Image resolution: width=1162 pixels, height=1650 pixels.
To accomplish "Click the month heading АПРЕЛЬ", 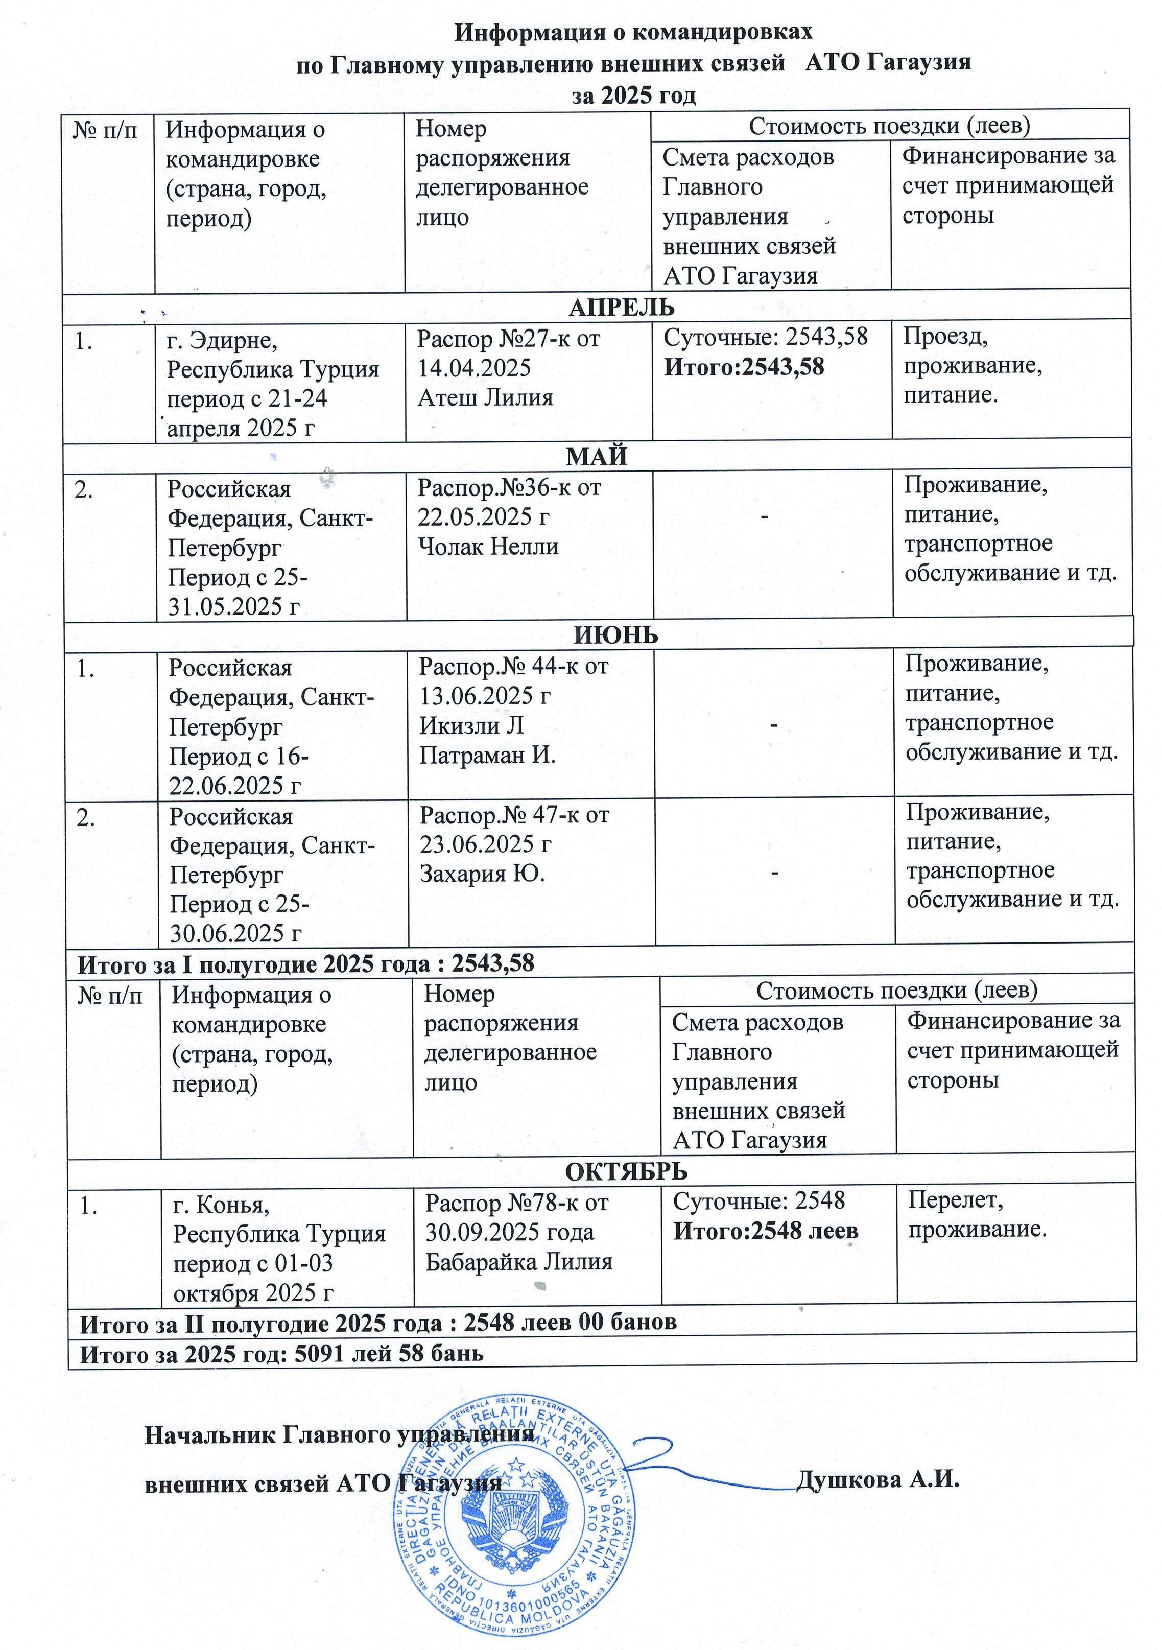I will tap(622, 307).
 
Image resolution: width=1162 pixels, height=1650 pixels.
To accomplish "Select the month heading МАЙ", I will tap(597, 456).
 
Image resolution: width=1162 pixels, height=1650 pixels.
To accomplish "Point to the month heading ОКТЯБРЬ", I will tap(626, 1171).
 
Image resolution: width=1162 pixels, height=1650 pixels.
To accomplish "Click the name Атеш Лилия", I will tap(485, 397).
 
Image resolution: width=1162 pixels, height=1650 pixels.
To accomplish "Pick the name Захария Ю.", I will tap(482, 874).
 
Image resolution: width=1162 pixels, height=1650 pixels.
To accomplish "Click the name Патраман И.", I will tap(487, 756).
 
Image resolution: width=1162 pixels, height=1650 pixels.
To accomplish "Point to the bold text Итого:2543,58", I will tap(744, 367).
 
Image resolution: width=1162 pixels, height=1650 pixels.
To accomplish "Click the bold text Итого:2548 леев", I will tap(765, 1231).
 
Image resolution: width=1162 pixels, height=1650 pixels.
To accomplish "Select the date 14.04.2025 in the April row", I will tap(475, 368).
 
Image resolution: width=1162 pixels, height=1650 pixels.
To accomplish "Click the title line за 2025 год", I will tap(634, 96).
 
